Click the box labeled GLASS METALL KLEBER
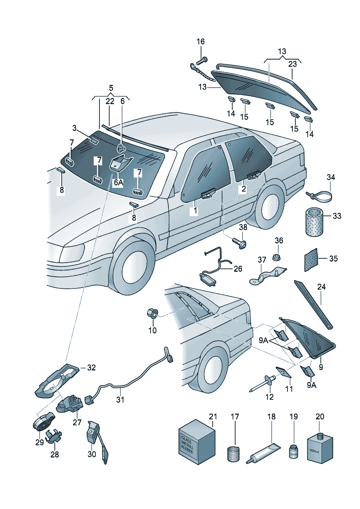pyautogui.click(x=196, y=443)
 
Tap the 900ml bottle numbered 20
pyautogui.click(x=319, y=448)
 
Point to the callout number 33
pyautogui.click(x=337, y=216)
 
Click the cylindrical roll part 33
pyautogui.click(x=314, y=221)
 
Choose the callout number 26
pyautogui.click(x=238, y=269)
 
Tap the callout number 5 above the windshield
pyautogui.click(x=111, y=88)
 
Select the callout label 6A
pyautogui.click(x=118, y=182)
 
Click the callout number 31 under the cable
pyautogui.click(x=120, y=399)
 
